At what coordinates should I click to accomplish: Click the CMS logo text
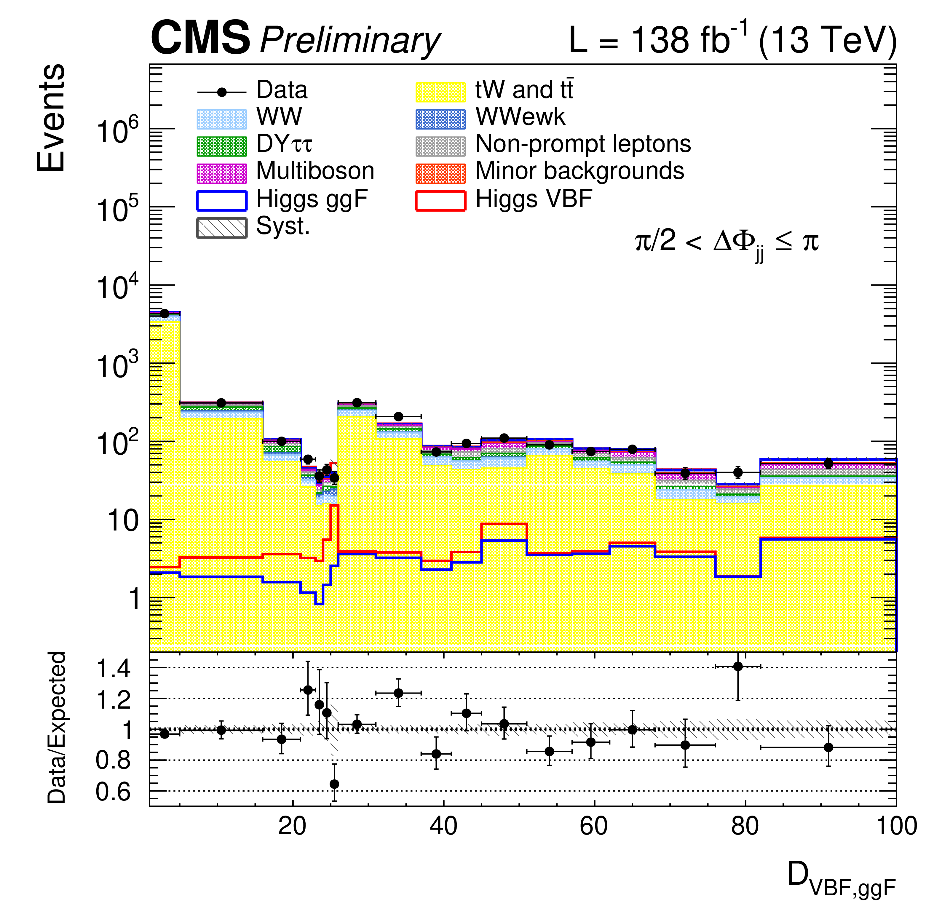click(x=200, y=38)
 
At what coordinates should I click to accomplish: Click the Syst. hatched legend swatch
click(x=222, y=228)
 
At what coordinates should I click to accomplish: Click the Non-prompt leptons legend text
click(x=583, y=144)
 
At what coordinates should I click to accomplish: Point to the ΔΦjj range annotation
click(x=727, y=243)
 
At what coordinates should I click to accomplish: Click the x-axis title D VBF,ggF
click(x=841, y=875)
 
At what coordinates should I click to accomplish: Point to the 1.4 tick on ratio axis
click(x=113, y=669)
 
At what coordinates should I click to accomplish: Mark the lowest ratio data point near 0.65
click(x=335, y=784)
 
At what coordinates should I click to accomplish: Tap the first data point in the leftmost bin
click(x=165, y=314)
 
